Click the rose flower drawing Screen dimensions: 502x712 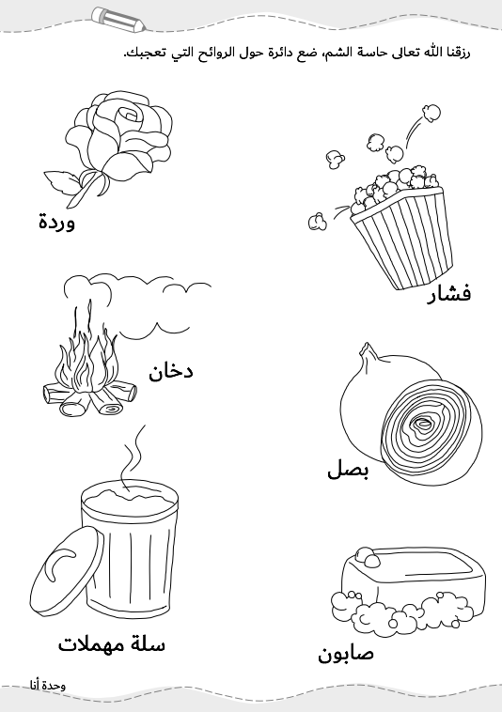[120, 136]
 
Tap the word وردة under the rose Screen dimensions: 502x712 [56, 222]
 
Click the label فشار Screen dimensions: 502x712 [448, 294]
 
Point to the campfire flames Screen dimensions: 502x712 [88, 359]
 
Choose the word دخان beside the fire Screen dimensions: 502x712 [171, 371]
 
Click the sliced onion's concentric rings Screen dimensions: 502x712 [433, 430]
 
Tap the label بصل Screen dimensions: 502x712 [349, 470]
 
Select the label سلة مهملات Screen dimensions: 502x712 [112, 643]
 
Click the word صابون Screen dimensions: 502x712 [346, 654]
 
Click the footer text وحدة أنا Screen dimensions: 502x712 [48, 685]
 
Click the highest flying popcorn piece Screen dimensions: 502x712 [431, 112]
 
